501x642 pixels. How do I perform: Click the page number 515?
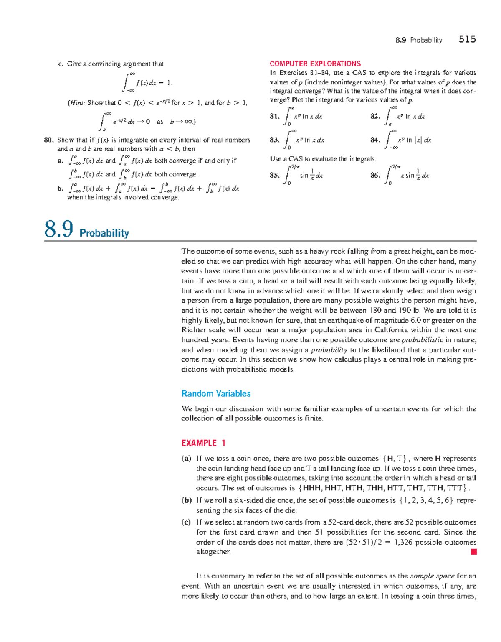467,39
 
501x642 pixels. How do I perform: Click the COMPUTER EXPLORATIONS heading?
315,64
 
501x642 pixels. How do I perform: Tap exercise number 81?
274,117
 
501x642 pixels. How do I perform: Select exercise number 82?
374,117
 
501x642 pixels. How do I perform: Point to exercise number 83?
274,140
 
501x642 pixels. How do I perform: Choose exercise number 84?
374,140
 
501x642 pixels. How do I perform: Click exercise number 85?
274,176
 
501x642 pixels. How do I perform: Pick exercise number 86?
374,176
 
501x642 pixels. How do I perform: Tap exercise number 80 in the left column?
49,140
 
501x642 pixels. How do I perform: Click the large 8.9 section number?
58,229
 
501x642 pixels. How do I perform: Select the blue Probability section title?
104,233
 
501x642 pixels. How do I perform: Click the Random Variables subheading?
216,394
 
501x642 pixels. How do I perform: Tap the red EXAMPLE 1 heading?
203,443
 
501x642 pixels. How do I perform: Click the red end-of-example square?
473,552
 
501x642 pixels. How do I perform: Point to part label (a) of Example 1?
186,459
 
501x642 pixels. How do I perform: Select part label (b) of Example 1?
186,500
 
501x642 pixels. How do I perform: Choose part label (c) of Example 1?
186,522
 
